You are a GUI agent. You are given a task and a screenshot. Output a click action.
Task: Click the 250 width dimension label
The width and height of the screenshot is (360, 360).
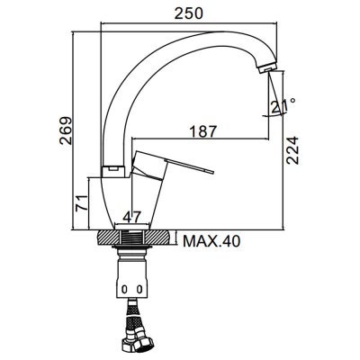189,13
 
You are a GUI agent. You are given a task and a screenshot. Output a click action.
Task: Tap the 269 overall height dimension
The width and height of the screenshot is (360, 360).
66,130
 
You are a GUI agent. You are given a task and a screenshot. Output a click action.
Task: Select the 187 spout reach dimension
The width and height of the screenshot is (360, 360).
202,131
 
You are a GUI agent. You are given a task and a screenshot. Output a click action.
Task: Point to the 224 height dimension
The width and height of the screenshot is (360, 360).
292,150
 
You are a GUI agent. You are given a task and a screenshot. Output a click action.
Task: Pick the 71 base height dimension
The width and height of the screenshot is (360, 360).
82,203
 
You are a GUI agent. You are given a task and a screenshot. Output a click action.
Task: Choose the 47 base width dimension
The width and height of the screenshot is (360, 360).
132,217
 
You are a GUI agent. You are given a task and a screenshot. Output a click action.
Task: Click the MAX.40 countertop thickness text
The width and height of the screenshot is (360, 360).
211,241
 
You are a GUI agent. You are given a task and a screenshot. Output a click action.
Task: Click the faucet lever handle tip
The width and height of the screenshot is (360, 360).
211,172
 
